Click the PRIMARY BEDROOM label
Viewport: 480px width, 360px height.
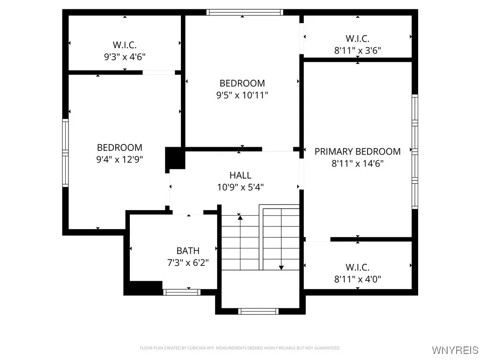357,151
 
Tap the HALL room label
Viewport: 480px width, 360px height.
240,175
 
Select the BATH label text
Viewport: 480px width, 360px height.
187,251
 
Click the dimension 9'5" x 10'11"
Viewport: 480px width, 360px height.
242,95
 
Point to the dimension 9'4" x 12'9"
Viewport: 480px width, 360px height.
119,159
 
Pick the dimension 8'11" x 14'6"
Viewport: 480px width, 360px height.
357,164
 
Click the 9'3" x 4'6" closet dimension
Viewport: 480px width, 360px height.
125,57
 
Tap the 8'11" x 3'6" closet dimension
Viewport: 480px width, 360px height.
357,50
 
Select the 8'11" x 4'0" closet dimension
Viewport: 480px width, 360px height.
357,279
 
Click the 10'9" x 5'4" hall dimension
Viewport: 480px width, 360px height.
240,187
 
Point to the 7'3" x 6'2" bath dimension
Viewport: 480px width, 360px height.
187,262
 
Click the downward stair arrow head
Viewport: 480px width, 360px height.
281,268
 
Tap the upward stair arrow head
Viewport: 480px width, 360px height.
240,217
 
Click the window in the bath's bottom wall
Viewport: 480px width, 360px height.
182,292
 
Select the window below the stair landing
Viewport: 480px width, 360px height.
258,311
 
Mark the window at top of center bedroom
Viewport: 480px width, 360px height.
245,12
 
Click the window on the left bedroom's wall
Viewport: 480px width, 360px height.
66,153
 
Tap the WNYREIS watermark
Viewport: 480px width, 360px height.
455,350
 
